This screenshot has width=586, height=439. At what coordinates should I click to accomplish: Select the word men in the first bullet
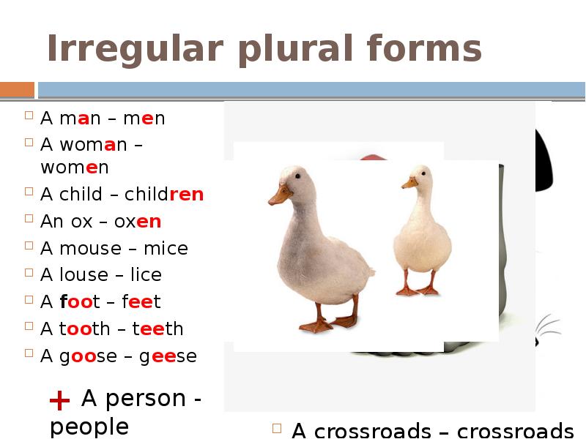pyautogui.click(x=144, y=119)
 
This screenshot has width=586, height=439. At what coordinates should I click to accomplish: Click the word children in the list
pyautogui.click(x=164, y=195)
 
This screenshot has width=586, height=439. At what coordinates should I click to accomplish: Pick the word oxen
pyautogui.click(x=138, y=222)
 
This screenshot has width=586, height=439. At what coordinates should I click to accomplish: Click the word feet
pyautogui.click(x=136, y=301)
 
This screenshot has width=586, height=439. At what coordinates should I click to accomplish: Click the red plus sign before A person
pyautogui.click(x=59, y=400)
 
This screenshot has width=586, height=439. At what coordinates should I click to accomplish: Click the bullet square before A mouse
pyautogui.click(x=29, y=247)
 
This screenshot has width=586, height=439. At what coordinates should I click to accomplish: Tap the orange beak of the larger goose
pyautogui.click(x=280, y=195)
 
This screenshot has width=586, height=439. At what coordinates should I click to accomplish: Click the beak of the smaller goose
pyautogui.click(x=409, y=182)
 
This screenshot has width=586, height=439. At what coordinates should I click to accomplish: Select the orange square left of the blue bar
pyautogui.click(x=17, y=90)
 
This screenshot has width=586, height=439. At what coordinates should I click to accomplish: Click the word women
pyautogui.click(x=75, y=168)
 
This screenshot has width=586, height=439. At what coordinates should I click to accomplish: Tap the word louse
pyautogui.click(x=84, y=275)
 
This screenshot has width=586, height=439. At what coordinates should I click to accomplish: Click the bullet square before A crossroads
pyautogui.click(x=278, y=429)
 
